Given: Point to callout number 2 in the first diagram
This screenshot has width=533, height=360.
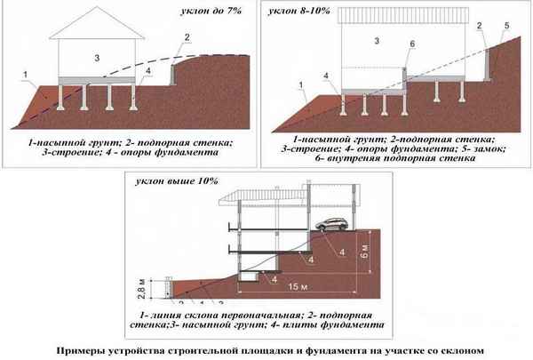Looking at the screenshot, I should pyautogui.click(x=187, y=36).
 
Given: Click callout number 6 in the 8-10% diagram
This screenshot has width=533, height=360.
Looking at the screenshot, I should pyautogui.click(x=412, y=44).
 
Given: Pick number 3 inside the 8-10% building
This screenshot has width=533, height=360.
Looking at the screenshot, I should pyautogui.click(x=377, y=41).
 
